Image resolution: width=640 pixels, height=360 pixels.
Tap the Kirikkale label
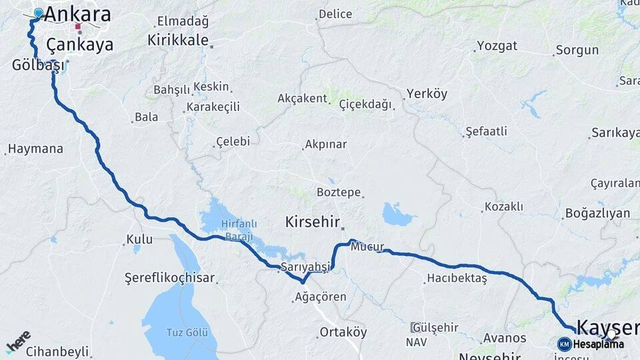178,40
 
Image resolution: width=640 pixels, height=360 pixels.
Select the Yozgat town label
497,46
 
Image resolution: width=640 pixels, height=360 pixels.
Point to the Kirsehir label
313,222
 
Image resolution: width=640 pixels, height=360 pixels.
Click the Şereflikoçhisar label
170,277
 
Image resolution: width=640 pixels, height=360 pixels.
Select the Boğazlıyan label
597,213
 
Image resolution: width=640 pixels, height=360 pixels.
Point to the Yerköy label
427,94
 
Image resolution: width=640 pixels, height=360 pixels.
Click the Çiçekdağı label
365,105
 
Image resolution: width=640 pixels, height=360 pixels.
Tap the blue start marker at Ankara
38,13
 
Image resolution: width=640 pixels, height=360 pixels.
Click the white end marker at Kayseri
611,333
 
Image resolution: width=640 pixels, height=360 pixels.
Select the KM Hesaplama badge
591,344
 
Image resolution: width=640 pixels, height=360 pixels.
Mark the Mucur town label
368,246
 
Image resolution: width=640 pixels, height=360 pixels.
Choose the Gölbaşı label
39,65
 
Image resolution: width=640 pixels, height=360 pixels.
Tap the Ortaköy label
343,331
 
